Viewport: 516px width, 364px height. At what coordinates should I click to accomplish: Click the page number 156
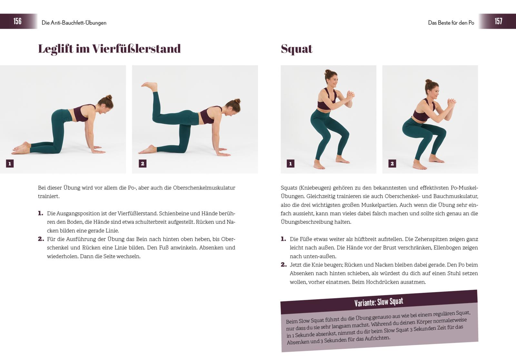(x=17, y=21)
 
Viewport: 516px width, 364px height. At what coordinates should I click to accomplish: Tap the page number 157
(x=499, y=21)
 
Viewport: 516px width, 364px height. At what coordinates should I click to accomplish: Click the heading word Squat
(x=296, y=49)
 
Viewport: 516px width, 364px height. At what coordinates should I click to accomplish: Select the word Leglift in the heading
(x=55, y=49)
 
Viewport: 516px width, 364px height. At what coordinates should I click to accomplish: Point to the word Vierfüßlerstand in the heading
(x=136, y=49)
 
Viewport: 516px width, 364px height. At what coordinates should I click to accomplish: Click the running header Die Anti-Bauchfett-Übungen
(x=74, y=23)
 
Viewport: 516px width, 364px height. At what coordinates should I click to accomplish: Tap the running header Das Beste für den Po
(x=451, y=23)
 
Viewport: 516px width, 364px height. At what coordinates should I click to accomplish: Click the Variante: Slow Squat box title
(x=379, y=302)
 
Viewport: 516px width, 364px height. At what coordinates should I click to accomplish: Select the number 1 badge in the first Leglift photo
(x=10, y=164)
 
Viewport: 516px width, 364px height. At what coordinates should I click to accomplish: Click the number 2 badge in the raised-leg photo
(x=143, y=164)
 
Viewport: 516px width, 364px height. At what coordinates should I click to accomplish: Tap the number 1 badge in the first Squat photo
(x=291, y=164)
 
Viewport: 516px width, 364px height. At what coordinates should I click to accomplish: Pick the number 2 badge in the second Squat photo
(x=392, y=164)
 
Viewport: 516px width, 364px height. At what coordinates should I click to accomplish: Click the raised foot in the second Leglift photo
(x=149, y=86)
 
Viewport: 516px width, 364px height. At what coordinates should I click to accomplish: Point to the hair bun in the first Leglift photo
(x=109, y=97)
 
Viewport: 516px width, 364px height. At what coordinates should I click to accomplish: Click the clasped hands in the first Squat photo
(x=350, y=94)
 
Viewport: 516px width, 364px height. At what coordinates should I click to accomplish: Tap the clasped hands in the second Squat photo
(x=451, y=102)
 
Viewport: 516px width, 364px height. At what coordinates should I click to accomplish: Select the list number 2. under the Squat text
(x=283, y=265)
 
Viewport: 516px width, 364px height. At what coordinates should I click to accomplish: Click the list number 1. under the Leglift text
(x=41, y=213)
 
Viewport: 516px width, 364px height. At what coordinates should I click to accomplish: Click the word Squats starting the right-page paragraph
(x=289, y=188)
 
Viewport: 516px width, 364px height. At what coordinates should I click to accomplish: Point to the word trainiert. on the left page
(x=49, y=196)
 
